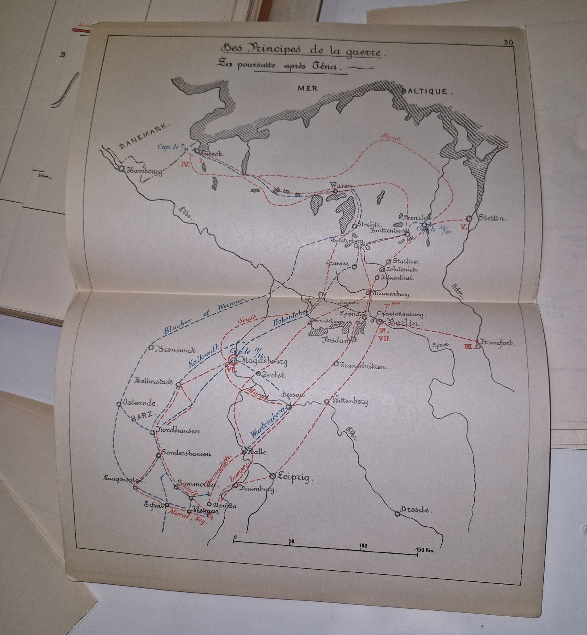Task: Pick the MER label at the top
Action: [x=308, y=88]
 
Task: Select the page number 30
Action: [x=508, y=42]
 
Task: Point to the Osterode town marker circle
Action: [x=119, y=404]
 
